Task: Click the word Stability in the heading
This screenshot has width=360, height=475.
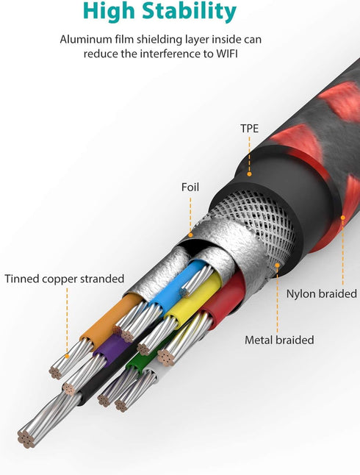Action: click(x=190, y=12)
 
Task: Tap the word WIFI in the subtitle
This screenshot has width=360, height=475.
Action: click(x=227, y=54)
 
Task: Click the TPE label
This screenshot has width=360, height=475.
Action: click(x=250, y=129)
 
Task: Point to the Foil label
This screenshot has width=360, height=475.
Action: click(x=190, y=187)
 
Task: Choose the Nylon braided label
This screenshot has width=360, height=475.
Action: click(x=322, y=294)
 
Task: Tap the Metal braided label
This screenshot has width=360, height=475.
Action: click(x=279, y=340)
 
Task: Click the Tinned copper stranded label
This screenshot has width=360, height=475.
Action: click(x=65, y=279)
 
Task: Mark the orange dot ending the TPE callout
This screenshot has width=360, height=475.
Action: click(x=249, y=174)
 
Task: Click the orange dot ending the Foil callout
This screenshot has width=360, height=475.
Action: click(x=190, y=235)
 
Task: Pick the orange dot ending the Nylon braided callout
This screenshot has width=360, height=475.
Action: click(x=343, y=218)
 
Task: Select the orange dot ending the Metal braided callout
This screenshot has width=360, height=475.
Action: click(x=277, y=265)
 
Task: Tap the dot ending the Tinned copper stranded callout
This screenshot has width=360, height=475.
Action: click(x=67, y=356)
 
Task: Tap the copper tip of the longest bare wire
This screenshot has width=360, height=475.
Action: click(x=26, y=439)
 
